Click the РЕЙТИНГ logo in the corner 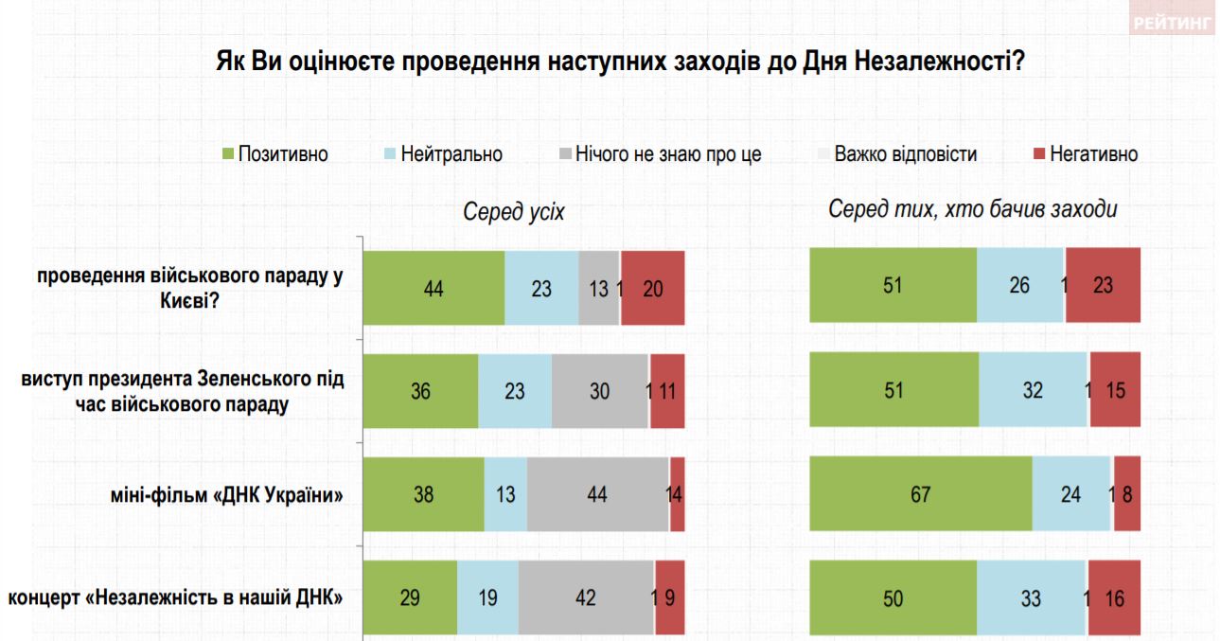(1172, 25)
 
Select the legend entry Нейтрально (443, 153)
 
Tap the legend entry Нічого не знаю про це (659, 153)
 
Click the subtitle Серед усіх (514, 212)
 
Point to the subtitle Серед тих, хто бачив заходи (973, 209)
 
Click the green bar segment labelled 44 (433, 289)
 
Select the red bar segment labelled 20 (652, 289)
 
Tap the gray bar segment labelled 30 (600, 391)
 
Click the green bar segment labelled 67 (920, 493)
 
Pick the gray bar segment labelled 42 (586, 597)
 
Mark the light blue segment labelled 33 (1031, 597)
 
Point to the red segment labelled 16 (1114, 597)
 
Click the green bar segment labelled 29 (410, 597)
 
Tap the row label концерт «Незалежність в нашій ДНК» (175, 597)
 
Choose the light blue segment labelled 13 (505, 493)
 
